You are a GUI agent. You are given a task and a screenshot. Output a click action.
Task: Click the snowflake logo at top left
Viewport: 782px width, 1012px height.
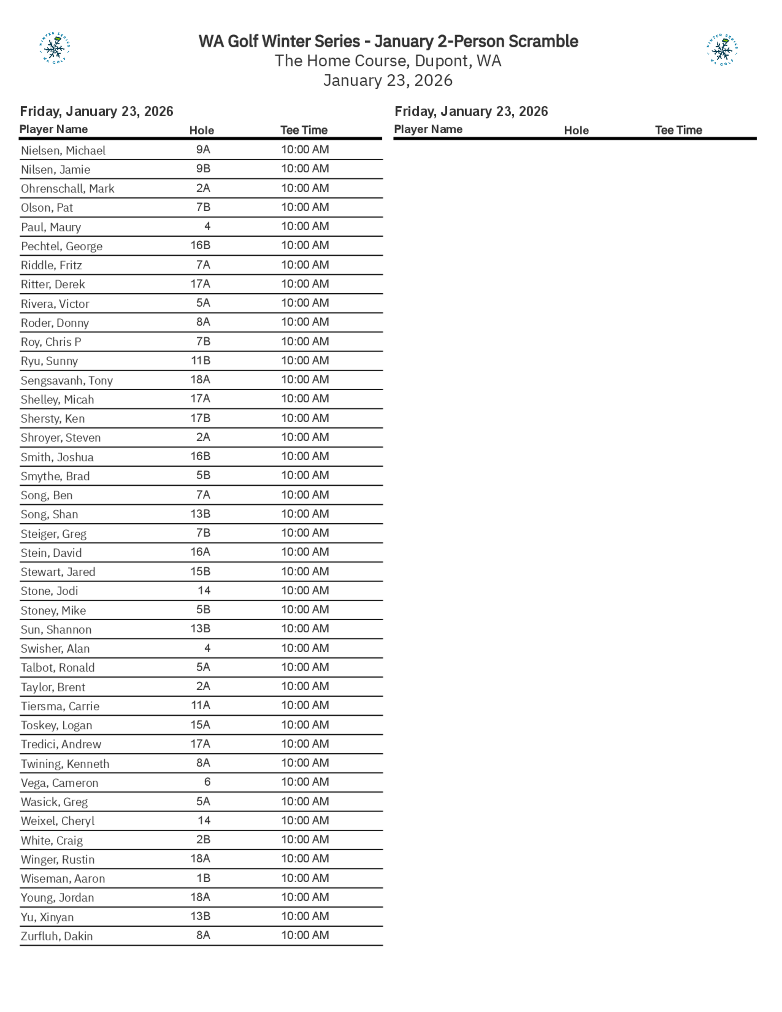(55, 48)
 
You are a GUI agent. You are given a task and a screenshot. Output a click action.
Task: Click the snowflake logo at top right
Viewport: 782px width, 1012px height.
(722, 50)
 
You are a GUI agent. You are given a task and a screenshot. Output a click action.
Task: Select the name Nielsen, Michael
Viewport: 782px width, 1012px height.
(63, 151)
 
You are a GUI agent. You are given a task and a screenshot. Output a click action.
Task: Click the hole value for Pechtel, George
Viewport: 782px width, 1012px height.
(201, 245)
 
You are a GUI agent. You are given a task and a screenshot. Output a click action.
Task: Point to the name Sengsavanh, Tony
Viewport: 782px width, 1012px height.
(67, 380)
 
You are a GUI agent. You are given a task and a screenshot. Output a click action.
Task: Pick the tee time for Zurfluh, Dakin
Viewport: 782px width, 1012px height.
(305, 935)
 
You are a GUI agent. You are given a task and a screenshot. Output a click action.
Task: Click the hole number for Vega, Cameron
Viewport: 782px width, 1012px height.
(207, 782)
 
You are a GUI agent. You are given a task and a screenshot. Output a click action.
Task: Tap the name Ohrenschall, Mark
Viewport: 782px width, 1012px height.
(68, 188)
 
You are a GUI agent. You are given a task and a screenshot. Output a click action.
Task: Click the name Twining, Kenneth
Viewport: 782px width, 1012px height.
(65, 764)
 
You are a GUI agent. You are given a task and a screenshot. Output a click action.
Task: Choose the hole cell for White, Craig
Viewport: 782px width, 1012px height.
(203, 840)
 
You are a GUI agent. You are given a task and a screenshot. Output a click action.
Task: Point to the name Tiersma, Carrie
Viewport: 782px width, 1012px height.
(60, 706)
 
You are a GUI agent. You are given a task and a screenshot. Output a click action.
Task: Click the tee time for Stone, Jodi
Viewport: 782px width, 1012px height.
(305, 590)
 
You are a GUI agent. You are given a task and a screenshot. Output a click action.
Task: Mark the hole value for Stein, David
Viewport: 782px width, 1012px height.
(201, 552)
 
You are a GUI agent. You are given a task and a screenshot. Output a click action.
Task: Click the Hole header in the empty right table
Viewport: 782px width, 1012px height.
(576, 131)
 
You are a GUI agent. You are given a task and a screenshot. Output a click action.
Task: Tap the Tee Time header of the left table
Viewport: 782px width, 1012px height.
(304, 130)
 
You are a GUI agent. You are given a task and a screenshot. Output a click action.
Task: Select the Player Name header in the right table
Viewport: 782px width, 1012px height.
(428, 129)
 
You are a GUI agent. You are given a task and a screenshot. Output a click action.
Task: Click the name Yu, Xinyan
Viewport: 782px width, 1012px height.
(47, 917)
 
